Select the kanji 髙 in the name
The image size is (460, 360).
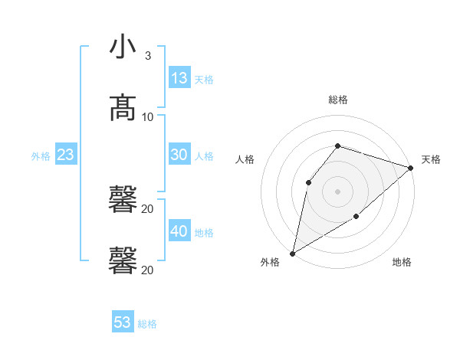tap(123, 108)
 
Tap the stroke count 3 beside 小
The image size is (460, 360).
tap(147, 56)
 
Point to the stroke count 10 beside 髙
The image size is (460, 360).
tap(148, 116)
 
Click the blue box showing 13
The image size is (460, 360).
tap(179, 77)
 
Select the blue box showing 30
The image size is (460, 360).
tap(179, 155)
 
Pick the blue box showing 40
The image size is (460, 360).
tap(179, 231)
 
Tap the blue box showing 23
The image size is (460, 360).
tap(66, 155)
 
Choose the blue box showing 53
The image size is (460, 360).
tap(123, 322)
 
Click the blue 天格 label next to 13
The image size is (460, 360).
tap(204, 80)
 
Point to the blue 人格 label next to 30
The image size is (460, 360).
tap(204, 156)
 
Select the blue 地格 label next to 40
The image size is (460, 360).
tap(204, 233)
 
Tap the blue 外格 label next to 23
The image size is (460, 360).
tap(41, 156)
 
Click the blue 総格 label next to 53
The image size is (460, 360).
tap(147, 324)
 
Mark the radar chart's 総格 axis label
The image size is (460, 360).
tap(338, 100)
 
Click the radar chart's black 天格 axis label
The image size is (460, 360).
tap(431, 159)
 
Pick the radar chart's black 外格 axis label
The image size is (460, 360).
tap(270, 262)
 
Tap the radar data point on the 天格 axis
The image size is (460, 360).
tap(411, 168)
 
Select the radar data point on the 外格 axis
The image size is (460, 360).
tap(292, 253)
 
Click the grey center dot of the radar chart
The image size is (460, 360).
tap(337, 191)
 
